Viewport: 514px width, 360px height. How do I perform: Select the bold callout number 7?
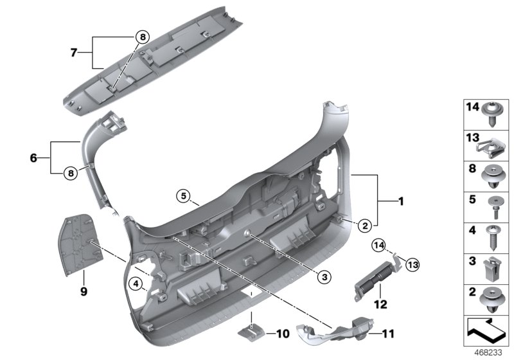(x=74, y=51)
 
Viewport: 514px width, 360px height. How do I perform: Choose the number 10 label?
(x=283, y=333)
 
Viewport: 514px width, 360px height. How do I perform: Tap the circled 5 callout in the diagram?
(x=183, y=196)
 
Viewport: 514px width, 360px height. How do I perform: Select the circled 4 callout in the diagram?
(x=135, y=283)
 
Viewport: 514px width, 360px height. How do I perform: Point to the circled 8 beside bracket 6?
(x=70, y=172)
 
